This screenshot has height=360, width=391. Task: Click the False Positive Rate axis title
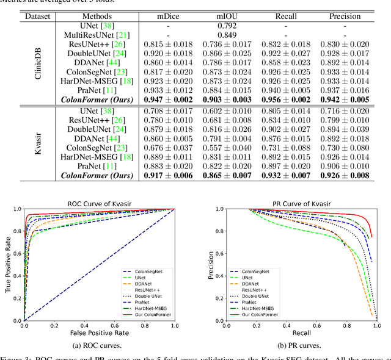[x=99, y=335]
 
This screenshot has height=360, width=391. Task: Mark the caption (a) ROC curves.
[x=98, y=347]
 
